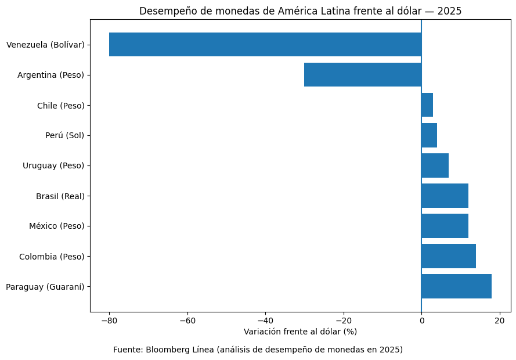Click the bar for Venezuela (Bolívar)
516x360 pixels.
click(x=265, y=45)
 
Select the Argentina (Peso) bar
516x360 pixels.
click(x=363, y=75)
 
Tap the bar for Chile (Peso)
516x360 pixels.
click(x=427, y=105)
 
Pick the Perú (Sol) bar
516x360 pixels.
click(x=429, y=135)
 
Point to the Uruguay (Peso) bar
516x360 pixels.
click(x=435, y=165)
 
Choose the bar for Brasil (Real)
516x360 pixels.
click(x=445, y=196)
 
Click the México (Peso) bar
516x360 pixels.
click(x=445, y=226)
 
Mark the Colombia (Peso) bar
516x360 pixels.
click(x=449, y=256)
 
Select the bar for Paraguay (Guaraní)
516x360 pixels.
click(x=456, y=286)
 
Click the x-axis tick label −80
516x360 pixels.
click(x=109, y=320)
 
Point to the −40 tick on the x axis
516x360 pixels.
click(x=265, y=320)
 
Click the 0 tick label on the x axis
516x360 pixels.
click(x=421, y=320)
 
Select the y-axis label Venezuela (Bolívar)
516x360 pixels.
click(x=45, y=45)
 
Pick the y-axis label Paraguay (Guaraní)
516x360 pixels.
click(x=45, y=286)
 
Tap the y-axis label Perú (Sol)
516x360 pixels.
click(x=64, y=135)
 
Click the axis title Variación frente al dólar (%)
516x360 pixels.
click(x=300, y=332)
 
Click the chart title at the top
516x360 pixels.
click(x=300, y=11)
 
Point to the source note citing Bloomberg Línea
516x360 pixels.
click(x=258, y=350)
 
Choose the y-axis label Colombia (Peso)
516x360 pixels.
click(x=52, y=256)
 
